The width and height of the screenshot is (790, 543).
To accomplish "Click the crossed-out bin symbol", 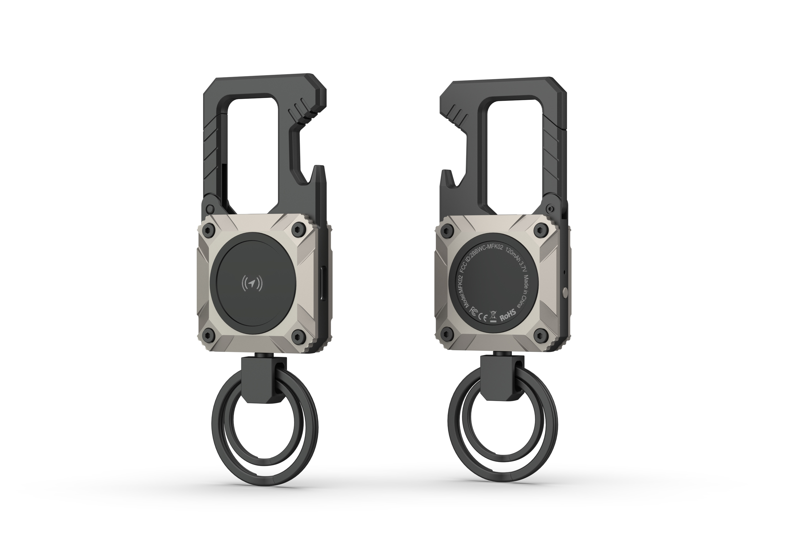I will click(x=493, y=316).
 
